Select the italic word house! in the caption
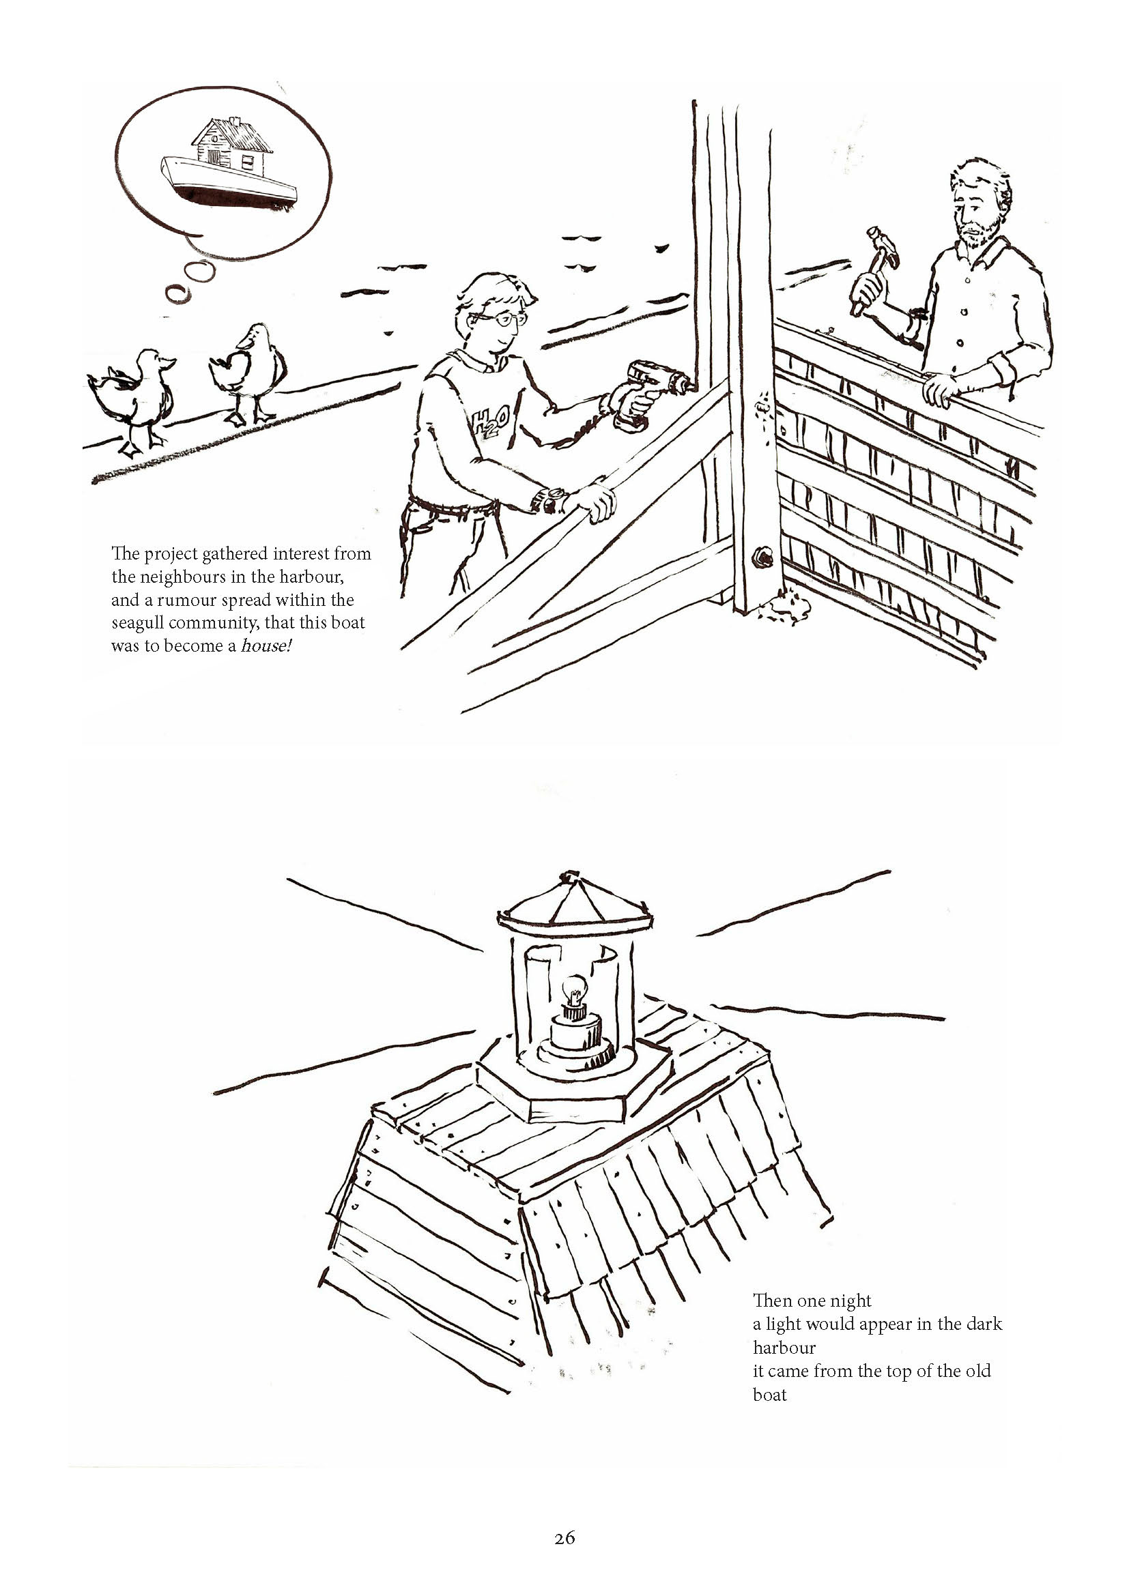[266, 645]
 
